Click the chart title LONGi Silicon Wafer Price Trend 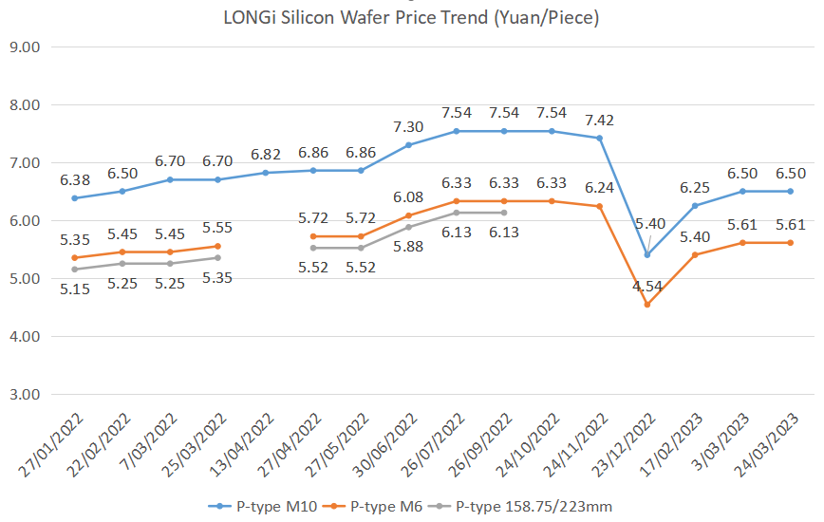click(411, 17)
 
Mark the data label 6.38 click(74, 179)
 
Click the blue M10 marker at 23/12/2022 click(647, 254)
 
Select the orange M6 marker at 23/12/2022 click(647, 305)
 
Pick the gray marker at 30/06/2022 click(408, 227)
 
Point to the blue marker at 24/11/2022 click(599, 138)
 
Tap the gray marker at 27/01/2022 click(74, 270)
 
